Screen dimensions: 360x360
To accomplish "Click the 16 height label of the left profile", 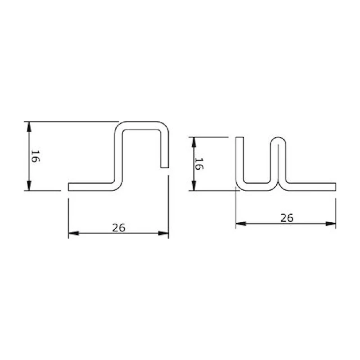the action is point(35,156).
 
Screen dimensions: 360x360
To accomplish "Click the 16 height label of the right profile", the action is point(199,163).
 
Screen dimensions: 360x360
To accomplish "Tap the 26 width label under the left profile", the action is point(119,228).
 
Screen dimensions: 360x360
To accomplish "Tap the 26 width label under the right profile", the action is point(287,218).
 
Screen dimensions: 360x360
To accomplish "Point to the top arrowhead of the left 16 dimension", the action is point(29,126).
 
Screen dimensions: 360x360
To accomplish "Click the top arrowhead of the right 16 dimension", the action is point(194,142).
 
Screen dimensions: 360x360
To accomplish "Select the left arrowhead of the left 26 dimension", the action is point(73,233).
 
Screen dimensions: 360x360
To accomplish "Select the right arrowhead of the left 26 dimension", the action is point(163,233).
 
